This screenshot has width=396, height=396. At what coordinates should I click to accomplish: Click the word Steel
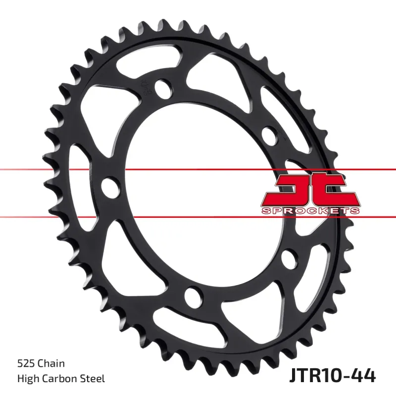(94, 379)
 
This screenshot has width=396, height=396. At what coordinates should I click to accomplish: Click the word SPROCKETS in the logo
(310, 211)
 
